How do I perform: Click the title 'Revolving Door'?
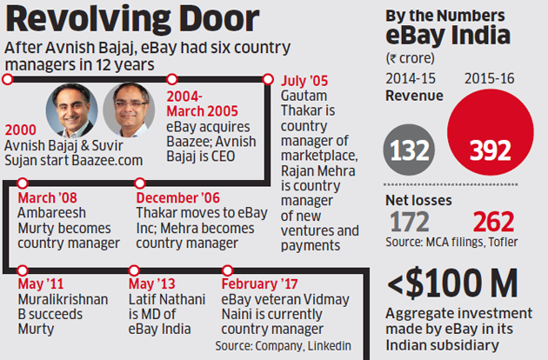click(x=130, y=20)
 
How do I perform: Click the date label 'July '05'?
click(x=306, y=81)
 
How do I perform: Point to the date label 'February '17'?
click(x=261, y=284)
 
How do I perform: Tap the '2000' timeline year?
click(x=19, y=130)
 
